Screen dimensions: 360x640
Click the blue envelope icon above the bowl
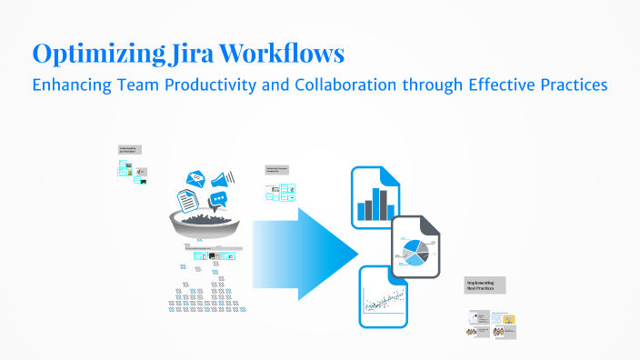click(x=195, y=179)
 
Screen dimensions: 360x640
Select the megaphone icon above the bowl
click(x=223, y=178)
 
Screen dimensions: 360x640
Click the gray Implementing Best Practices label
click(x=485, y=285)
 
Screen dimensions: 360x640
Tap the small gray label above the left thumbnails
click(x=129, y=151)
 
